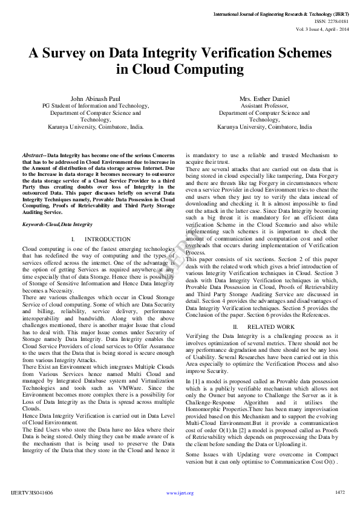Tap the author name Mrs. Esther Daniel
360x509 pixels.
pos(264,99)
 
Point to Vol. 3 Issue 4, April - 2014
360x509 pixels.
pos(322,28)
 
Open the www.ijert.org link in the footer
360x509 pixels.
pos(180,493)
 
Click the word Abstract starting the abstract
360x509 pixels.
pos(33,155)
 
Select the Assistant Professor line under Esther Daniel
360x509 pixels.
pos(264,106)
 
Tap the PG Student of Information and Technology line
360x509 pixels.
pos(96,106)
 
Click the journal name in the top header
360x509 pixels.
pos(281,13)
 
